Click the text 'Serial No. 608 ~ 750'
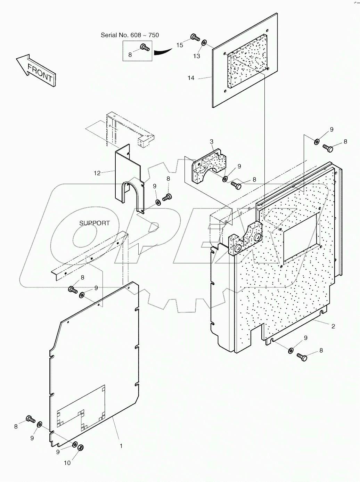[130, 35]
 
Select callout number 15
[179, 45]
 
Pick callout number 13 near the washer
[197, 56]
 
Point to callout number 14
[191, 78]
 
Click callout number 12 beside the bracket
[97, 173]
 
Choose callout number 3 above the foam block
[211, 141]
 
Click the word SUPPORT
[95, 223]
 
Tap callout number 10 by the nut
[67, 463]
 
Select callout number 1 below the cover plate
[121, 446]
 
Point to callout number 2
[333, 326]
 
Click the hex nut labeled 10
[80, 448]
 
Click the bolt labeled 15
[194, 36]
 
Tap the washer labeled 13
[204, 42]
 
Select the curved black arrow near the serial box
[163, 51]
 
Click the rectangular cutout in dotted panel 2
[301, 238]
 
